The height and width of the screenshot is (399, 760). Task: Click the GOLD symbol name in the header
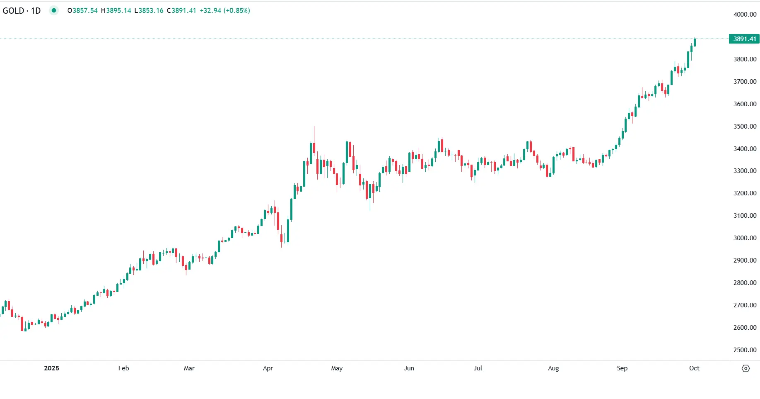(x=13, y=11)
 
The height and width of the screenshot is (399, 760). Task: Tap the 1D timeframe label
(x=36, y=11)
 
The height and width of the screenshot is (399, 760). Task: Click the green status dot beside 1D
(x=54, y=10)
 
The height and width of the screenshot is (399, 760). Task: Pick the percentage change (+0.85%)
(x=236, y=10)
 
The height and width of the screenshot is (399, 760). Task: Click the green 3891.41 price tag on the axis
(x=744, y=39)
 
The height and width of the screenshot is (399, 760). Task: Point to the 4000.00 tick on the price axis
(x=745, y=15)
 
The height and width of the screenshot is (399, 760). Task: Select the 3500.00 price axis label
(x=745, y=127)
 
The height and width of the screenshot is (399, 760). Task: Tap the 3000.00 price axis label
(x=745, y=238)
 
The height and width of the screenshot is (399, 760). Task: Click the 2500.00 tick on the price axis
(x=745, y=350)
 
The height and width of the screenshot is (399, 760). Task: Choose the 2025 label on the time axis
(x=51, y=368)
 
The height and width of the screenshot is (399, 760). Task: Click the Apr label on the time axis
(x=268, y=368)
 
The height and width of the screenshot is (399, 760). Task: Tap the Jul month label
(x=478, y=368)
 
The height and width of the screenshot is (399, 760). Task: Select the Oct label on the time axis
(x=694, y=368)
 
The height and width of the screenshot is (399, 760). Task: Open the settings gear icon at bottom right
(x=746, y=368)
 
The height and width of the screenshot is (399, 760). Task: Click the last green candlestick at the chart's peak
(x=695, y=42)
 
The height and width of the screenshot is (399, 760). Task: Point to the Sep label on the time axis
(x=622, y=368)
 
